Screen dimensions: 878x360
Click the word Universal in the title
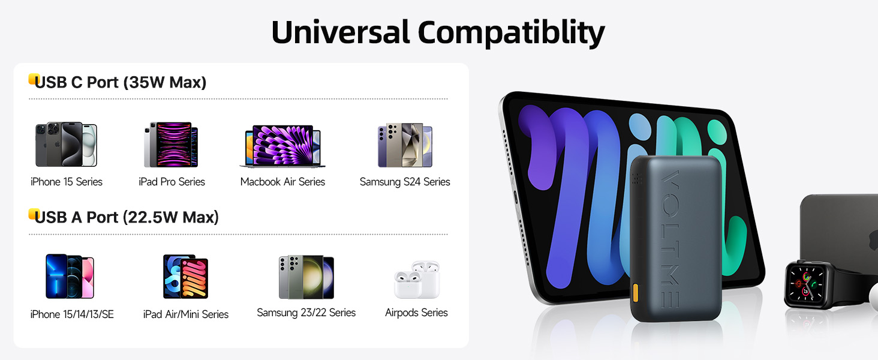tap(340, 32)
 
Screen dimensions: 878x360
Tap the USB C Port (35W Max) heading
tap(121, 82)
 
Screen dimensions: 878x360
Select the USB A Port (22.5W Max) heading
tap(127, 217)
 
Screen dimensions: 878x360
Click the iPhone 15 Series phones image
tap(66, 145)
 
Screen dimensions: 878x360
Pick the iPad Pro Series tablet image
tap(171, 145)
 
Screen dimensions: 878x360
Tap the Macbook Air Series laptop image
tap(282, 146)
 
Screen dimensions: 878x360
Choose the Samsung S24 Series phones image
tap(405, 145)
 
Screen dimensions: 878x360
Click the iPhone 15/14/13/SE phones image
tap(70, 276)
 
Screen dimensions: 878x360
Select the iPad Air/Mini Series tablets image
tap(185, 277)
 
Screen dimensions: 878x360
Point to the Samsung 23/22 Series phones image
tap(306, 277)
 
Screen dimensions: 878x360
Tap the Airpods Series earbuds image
tap(417, 280)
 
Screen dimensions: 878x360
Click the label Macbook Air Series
tap(282, 182)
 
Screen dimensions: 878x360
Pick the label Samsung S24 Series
tap(405, 182)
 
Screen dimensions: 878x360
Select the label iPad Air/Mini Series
tap(186, 314)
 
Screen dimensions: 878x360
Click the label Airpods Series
tap(416, 313)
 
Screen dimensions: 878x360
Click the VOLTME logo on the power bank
tap(670, 239)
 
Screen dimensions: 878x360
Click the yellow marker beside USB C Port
tap(33, 79)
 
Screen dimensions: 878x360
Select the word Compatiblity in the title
tap(511, 34)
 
